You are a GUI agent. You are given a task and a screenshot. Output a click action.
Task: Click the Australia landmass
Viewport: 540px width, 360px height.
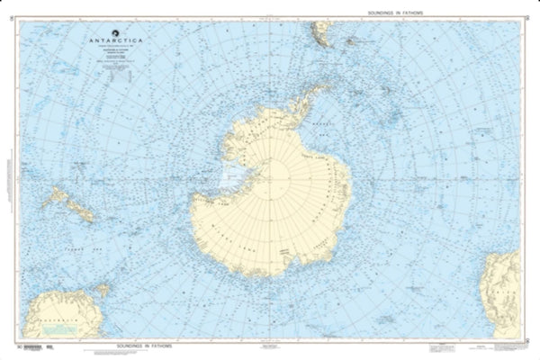coord(54,314)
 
